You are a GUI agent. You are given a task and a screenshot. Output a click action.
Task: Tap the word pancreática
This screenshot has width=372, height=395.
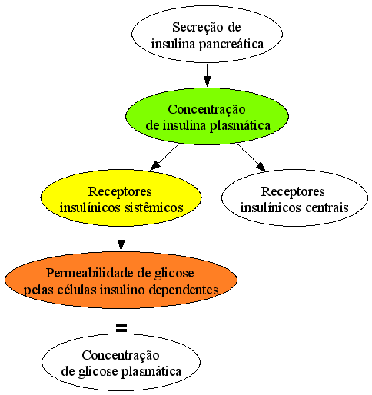(231, 45)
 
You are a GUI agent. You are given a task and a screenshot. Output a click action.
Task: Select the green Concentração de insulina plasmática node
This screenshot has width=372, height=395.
(207, 116)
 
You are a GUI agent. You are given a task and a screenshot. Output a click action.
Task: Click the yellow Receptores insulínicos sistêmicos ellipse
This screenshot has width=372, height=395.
(121, 197)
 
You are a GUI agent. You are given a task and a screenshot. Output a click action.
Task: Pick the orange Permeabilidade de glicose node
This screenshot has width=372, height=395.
(121, 280)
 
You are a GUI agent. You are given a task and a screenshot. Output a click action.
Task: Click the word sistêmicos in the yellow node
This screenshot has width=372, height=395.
(154, 207)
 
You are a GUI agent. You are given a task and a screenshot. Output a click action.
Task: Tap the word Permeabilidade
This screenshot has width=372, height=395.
(90, 273)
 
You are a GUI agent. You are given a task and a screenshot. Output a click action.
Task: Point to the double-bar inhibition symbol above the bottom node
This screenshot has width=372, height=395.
(121, 328)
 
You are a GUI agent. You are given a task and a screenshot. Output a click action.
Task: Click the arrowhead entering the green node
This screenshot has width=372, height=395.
(207, 81)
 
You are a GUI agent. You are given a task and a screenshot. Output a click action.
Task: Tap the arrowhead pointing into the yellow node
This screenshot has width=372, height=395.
(155, 166)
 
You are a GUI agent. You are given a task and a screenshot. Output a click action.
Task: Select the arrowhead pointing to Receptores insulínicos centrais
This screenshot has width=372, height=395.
(261, 167)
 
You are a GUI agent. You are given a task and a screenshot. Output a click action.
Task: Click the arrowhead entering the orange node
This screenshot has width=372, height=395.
(121, 245)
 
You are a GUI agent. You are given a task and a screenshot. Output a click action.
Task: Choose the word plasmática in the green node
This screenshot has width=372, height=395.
(240, 126)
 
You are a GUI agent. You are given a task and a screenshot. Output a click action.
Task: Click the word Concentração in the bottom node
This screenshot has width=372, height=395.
(121, 356)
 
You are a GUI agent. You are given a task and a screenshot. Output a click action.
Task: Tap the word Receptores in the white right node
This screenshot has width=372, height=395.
(293, 192)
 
